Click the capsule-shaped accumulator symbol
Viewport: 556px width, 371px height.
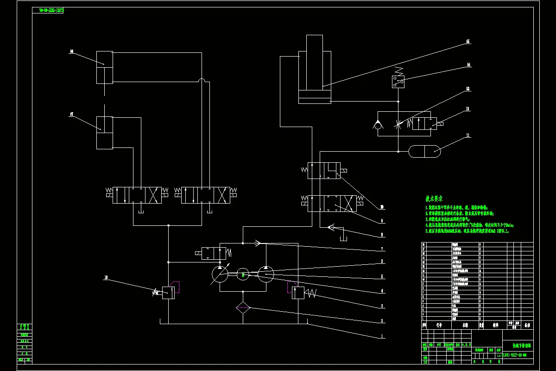(x=424, y=150)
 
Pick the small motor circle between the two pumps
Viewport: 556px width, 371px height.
(x=243, y=275)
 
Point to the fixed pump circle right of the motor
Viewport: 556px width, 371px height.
(x=266, y=275)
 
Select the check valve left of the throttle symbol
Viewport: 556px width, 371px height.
(x=378, y=124)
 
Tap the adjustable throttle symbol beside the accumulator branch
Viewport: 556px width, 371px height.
(x=398, y=124)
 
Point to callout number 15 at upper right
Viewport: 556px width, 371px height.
(x=468, y=42)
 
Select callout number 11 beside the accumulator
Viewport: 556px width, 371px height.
(x=468, y=135)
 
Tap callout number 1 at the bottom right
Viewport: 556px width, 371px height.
(x=382, y=336)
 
